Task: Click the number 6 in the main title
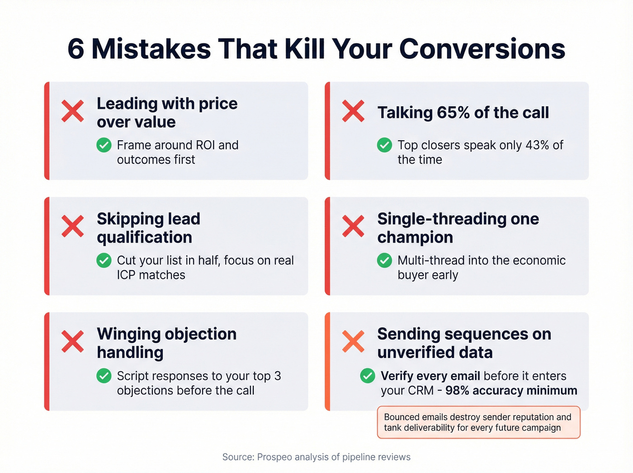pos(76,49)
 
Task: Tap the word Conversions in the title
pos(482,49)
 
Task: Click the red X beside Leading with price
pos(73,111)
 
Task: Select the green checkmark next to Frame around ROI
pos(104,145)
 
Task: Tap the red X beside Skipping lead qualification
pos(73,226)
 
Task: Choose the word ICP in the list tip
pos(127,275)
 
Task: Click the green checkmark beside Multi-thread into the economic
pos(385,261)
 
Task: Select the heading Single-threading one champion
pos(458,228)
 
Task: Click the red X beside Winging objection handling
pos(73,342)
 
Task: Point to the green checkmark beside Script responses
pos(104,376)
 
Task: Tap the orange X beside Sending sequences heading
pos(353,342)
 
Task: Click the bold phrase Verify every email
pos(430,376)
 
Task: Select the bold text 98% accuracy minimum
pos(511,391)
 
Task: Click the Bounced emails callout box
pos(478,422)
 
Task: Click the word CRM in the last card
pos(420,391)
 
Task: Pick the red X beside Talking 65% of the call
pos(353,111)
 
